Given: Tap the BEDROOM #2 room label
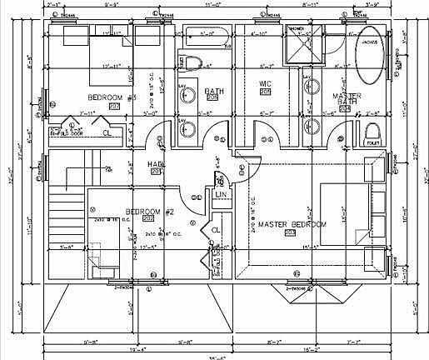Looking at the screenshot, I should (149, 212).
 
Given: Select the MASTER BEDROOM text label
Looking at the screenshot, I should (292, 225).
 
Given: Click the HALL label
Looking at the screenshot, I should (155, 164).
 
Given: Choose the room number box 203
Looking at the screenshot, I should (289, 233).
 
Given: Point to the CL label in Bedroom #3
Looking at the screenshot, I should (106, 132).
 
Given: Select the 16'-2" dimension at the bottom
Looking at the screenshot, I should (318, 350).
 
